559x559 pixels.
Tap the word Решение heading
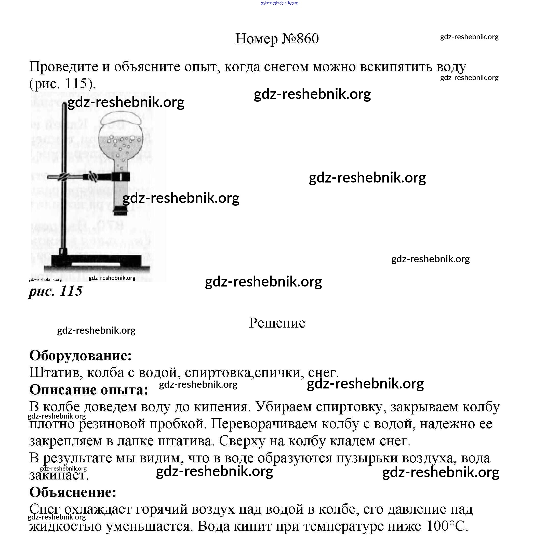(x=277, y=323)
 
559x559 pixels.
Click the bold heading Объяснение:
(x=73, y=492)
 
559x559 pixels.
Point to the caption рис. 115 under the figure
(x=56, y=291)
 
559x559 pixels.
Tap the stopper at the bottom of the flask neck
(x=120, y=211)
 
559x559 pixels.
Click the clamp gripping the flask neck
(x=121, y=176)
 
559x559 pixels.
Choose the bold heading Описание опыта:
(x=88, y=390)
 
